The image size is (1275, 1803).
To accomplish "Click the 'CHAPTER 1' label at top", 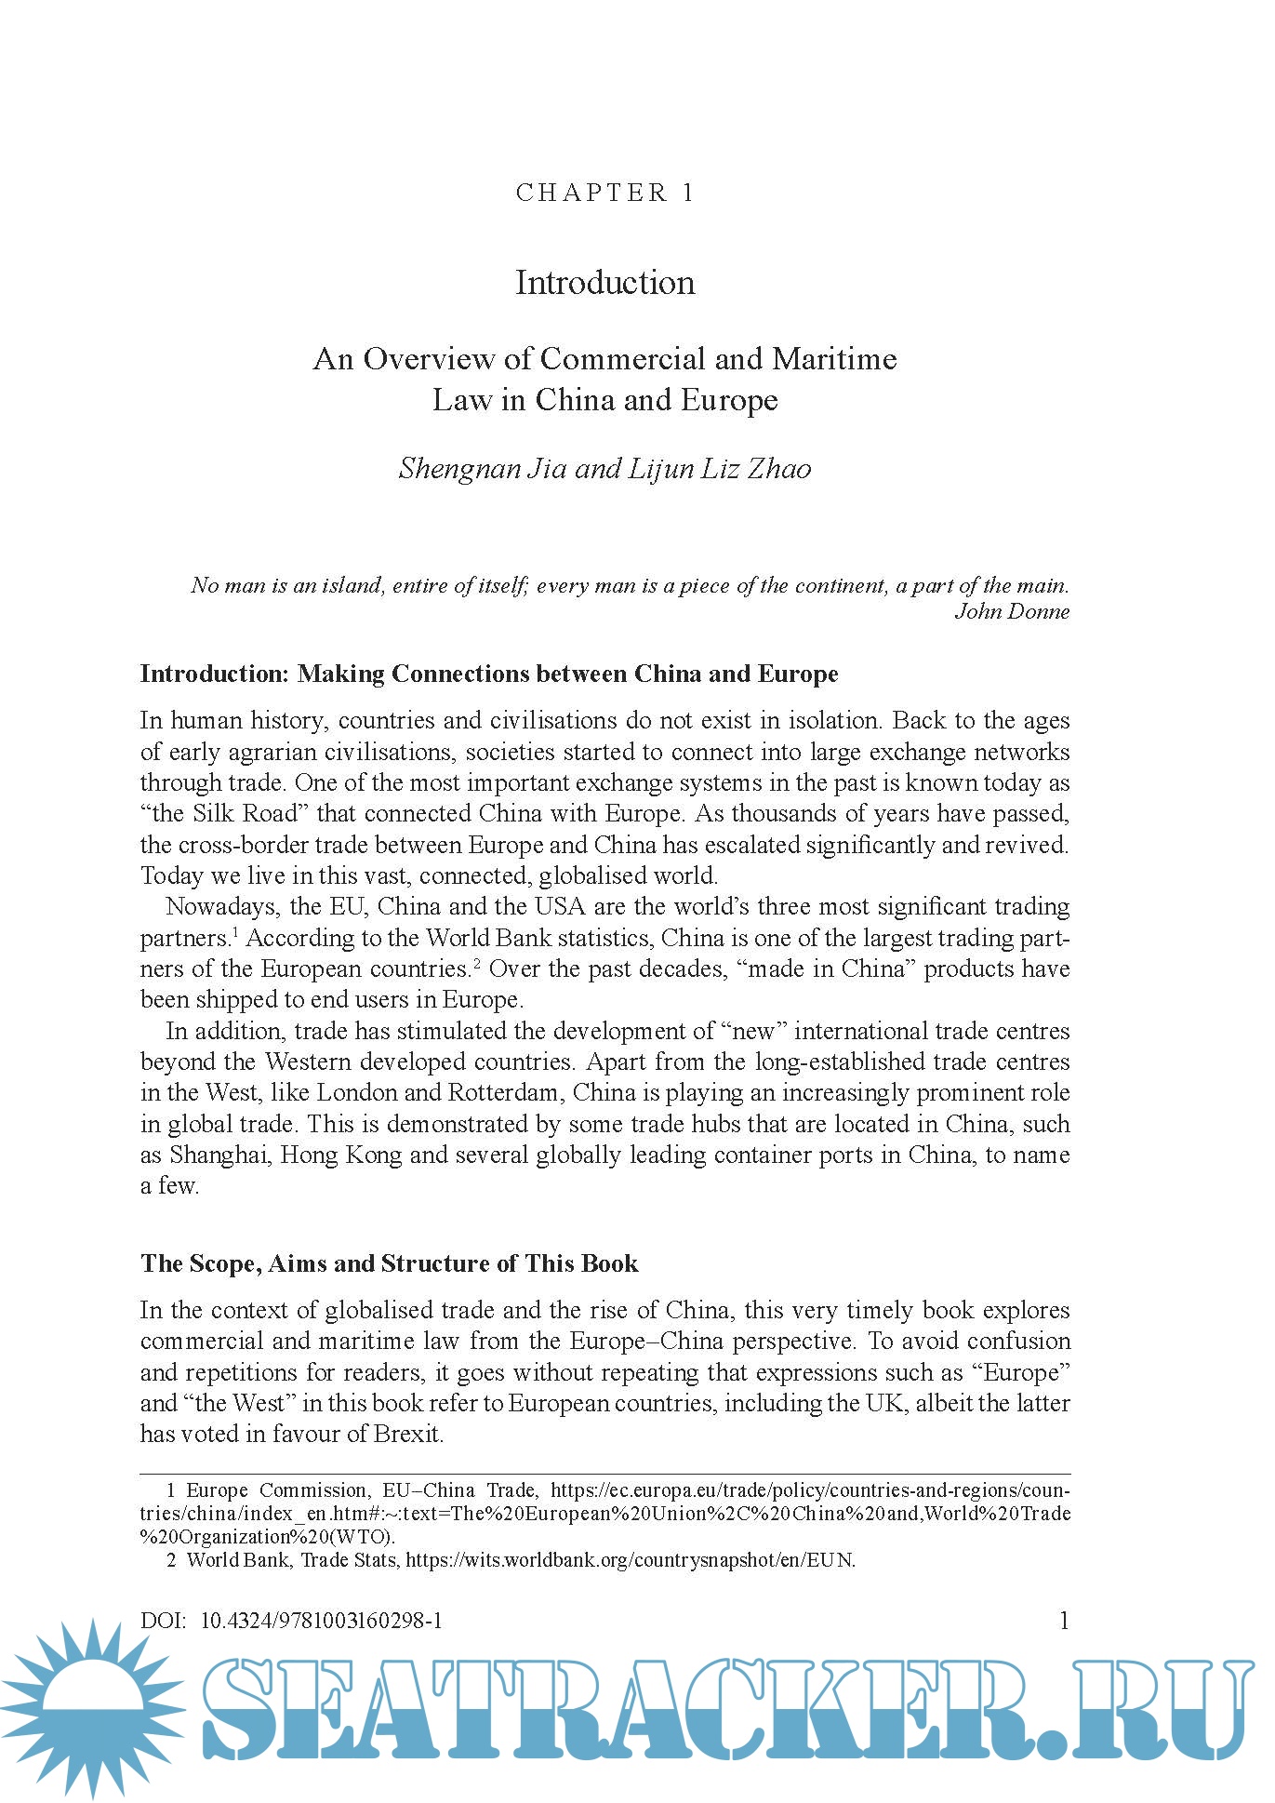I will point(604,193).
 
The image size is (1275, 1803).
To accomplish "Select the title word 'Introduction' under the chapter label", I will point(604,283).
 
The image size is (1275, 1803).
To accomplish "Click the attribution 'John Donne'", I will point(1012,612).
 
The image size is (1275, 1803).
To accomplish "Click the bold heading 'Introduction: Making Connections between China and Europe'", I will point(489,674).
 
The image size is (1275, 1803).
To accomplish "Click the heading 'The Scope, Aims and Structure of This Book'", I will point(389,1263).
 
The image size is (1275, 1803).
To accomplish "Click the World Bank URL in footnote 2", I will point(630,1560).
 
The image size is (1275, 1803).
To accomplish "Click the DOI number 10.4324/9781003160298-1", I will point(321,1622).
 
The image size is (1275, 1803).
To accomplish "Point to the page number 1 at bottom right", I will point(1064,1622).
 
